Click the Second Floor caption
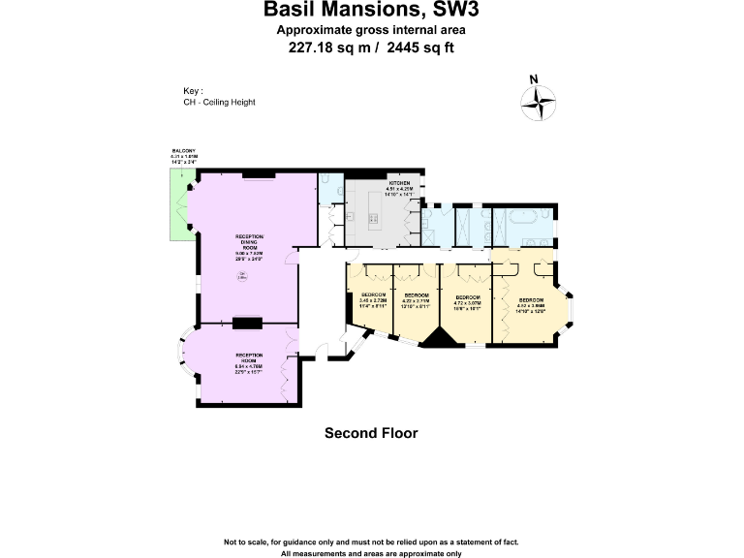(x=371, y=433)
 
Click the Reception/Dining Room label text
(x=250, y=243)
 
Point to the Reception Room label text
(x=249, y=356)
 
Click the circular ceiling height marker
(x=242, y=280)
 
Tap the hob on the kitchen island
(x=374, y=219)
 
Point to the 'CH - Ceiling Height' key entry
(x=219, y=102)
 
